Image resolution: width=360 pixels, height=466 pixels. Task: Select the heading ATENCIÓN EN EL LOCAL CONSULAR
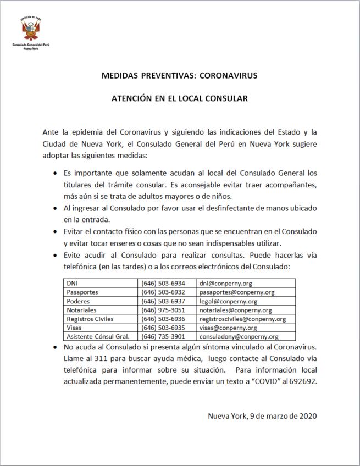(x=180, y=99)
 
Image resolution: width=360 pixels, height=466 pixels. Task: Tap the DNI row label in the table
(x=72, y=284)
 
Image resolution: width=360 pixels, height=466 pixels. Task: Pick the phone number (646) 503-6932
(x=163, y=292)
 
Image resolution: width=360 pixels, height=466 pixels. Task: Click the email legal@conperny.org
(x=228, y=301)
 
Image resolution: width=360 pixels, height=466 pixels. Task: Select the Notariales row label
(x=81, y=310)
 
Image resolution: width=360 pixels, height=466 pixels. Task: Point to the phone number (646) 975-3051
(x=163, y=310)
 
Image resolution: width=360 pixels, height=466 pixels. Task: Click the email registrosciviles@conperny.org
(x=242, y=319)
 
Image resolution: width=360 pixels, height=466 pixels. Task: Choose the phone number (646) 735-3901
(x=163, y=336)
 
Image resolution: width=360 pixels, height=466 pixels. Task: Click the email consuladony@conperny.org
(x=239, y=336)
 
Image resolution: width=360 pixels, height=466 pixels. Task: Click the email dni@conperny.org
(x=225, y=284)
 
